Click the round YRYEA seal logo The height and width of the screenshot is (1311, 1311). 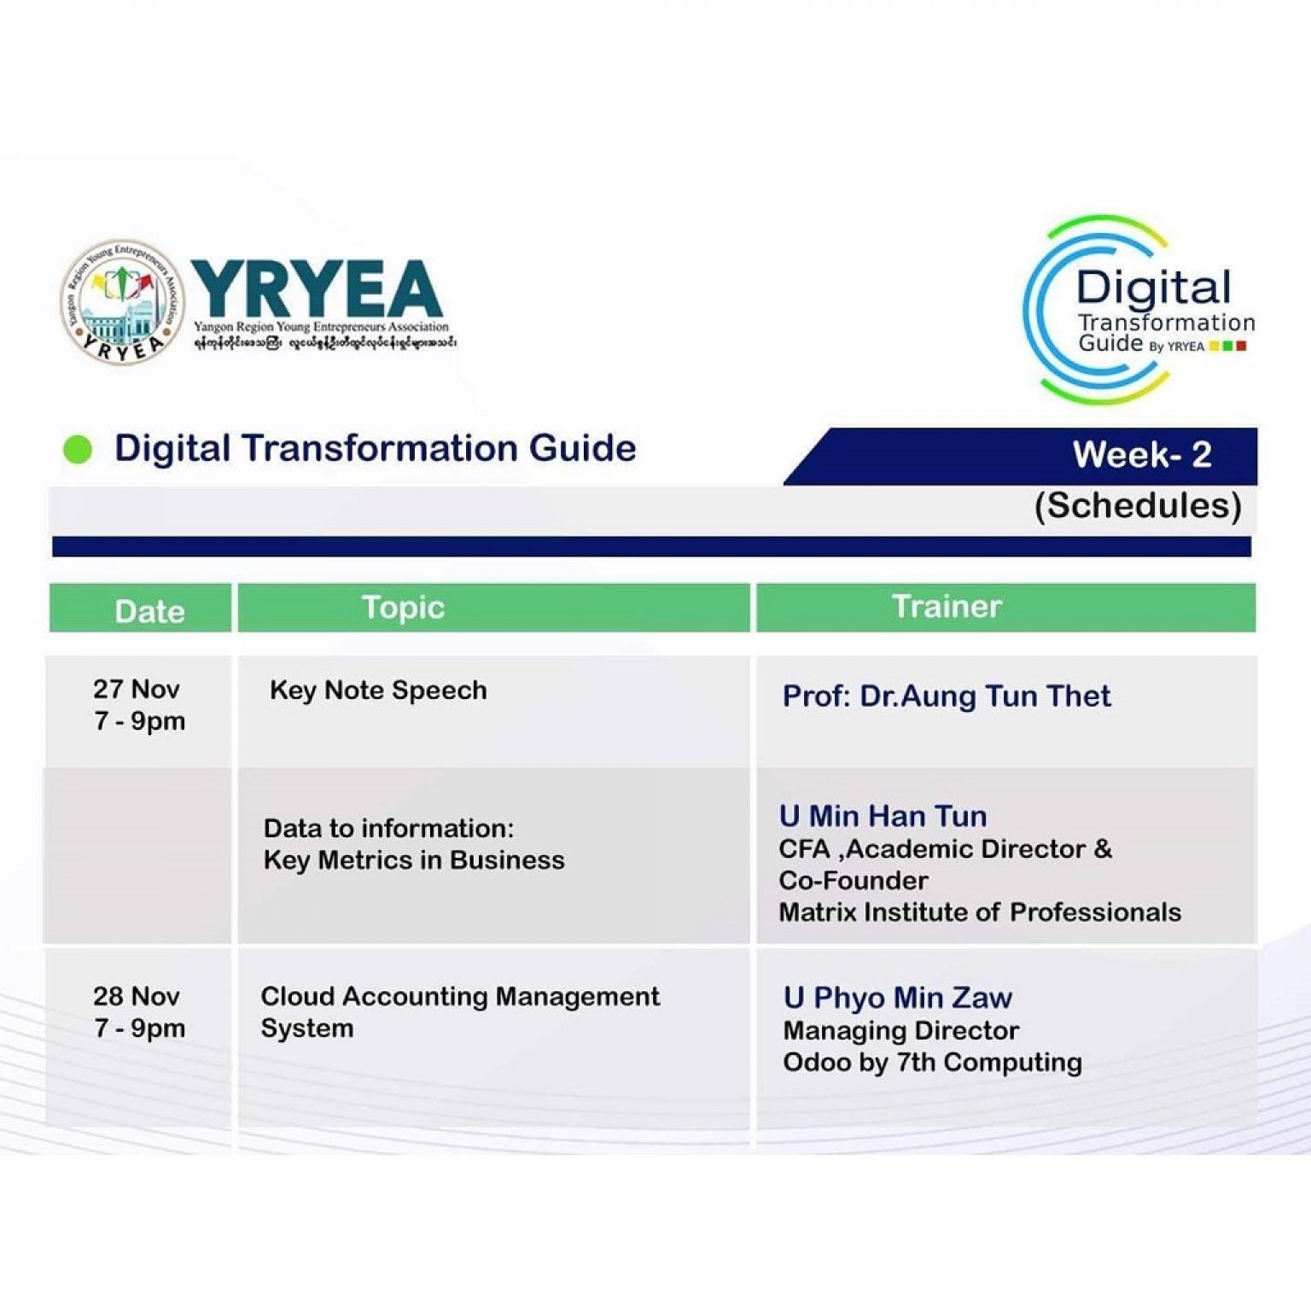pyautogui.click(x=122, y=301)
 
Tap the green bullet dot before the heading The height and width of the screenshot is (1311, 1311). pyautogui.click(x=78, y=449)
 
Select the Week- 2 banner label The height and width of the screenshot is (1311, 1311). pyautogui.click(x=1141, y=455)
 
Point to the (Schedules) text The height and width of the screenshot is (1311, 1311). pyautogui.click(x=1138, y=505)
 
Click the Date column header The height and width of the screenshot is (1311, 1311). pyautogui.click(x=149, y=611)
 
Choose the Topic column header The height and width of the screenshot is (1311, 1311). pyautogui.click(x=403, y=608)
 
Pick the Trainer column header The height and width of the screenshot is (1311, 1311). pyautogui.click(x=946, y=606)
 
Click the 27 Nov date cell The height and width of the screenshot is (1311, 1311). pyautogui.click(x=138, y=705)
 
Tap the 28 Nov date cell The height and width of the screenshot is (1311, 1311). pyautogui.click(x=138, y=1012)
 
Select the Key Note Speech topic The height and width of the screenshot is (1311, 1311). pyautogui.click(x=378, y=690)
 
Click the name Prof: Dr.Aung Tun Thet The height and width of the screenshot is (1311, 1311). pyautogui.click(x=946, y=696)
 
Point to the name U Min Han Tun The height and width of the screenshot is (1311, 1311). pyautogui.click(x=883, y=816)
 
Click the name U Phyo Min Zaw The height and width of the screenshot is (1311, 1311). pyautogui.click(x=897, y=998)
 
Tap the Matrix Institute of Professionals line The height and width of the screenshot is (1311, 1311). pyautogui.click(x=979, y=912)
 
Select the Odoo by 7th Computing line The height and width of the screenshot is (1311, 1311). pyautogui.click(x=932, y=1063)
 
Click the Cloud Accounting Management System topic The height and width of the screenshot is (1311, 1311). pyautogui.click(x=459, y=1012)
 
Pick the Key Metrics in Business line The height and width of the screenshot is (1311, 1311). pyautogui.click(x=414, y=860)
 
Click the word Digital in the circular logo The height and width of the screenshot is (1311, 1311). pyautogui.click(x=1153, y=288)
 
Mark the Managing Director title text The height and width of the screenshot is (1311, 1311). pyautogui.click(x=900, y=1031)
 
